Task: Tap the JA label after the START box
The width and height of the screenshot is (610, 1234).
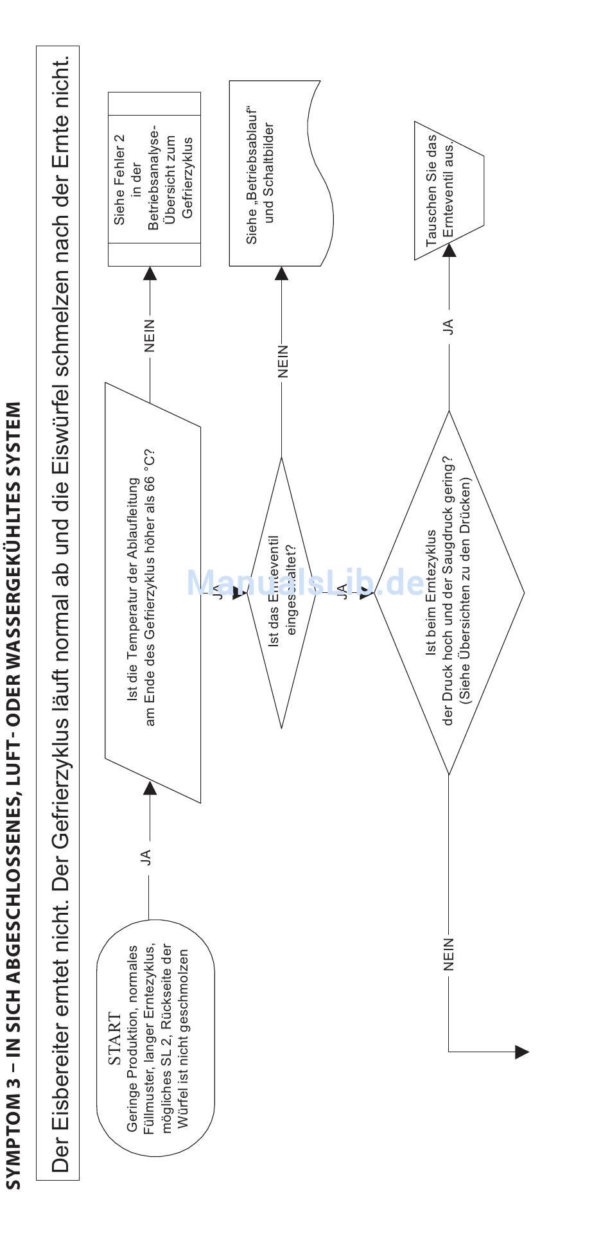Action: (x=148, y=856)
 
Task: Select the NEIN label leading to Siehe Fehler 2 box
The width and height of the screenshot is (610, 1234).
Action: (x=150, y=335)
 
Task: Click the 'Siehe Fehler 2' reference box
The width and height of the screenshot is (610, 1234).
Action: (x=154, y=179)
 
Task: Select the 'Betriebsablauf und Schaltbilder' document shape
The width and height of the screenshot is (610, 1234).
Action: (x=276, y=173)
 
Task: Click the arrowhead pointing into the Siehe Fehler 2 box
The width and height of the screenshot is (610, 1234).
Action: (x=150, y=274)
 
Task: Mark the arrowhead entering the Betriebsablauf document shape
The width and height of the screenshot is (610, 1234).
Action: (x=282, y=274)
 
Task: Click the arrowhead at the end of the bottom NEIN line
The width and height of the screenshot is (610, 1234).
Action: (x=521, y=1052)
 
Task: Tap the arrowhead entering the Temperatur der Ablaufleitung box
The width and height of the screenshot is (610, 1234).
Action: (x=150, y=788)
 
